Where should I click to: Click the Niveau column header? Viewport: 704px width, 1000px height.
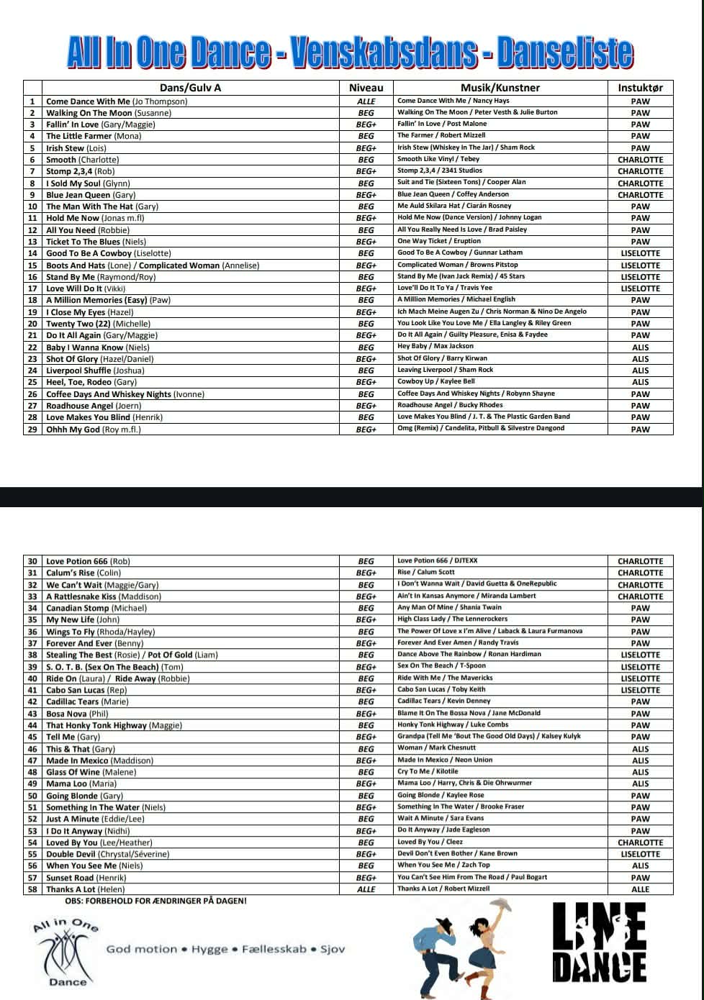click(366, 88)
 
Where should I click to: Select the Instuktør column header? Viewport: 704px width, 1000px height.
click(640, 88)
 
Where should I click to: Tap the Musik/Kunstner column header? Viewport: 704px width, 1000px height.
click(500, 88)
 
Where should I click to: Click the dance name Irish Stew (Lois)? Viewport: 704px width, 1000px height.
click(76, 148)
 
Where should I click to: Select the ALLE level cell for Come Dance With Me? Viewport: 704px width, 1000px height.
click(366, 101)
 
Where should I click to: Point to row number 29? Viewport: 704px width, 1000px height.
click(32, 429)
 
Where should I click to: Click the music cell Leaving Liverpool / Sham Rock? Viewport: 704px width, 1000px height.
click(445, 370)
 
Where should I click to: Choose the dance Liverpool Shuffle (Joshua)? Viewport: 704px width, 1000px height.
click(95, 371)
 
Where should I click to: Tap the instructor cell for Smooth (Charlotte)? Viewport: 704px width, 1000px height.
click(640, 160)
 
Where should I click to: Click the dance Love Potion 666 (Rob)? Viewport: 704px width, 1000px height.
click(88, 561)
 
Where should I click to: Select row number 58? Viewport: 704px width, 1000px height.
click(32, 889)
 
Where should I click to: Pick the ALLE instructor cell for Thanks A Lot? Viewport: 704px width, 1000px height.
click(640, 889)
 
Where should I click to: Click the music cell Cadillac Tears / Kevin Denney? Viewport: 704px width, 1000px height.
click(443, 701)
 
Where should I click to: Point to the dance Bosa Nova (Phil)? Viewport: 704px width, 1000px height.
click(77, 714)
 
